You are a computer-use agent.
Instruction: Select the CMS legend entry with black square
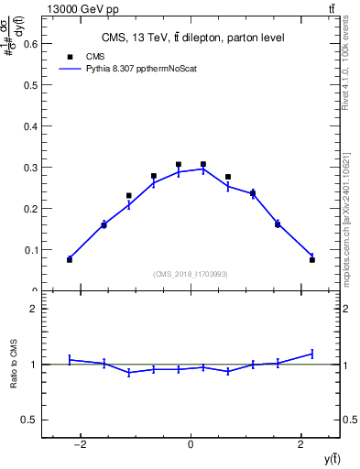tap(83, 55)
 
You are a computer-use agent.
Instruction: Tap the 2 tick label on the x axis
tap(300, 444)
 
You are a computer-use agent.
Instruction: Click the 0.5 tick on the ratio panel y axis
tap(30, 420)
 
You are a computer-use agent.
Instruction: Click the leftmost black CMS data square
tap(70, 260)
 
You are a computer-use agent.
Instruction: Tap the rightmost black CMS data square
tap(312, 260)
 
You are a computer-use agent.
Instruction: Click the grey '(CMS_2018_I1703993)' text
tap(191, 274)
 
